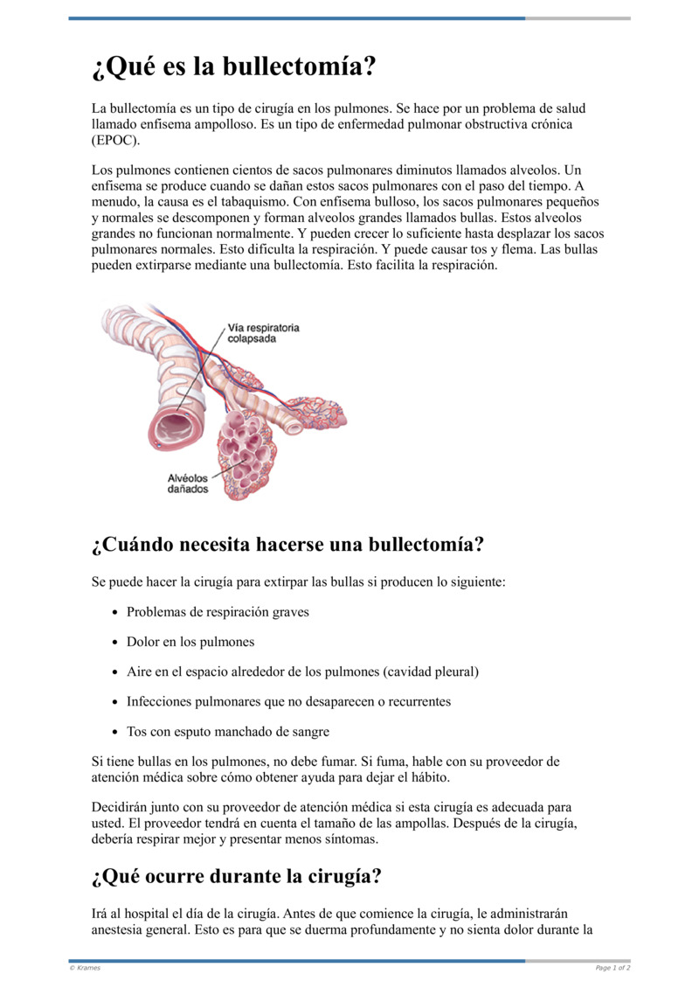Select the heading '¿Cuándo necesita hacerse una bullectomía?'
[x=287, y=545]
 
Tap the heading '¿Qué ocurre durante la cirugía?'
[x=236, y=876]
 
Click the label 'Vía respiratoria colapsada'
[x=263, y=333]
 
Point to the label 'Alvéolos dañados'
[x=188, y=484]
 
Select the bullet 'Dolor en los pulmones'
[x=190, y=642]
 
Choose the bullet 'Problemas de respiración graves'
[x=218, y=612]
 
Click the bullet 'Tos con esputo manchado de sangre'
[x=228, y=731]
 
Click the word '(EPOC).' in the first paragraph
[x=115, y=140]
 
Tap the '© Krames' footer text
[x=85, y=968]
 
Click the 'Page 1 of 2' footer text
[x=612, y=968]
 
